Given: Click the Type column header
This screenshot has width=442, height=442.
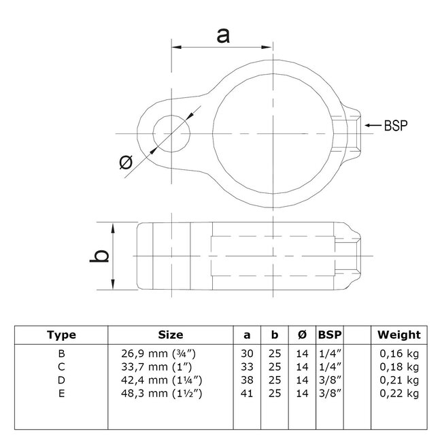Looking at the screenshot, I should (x=61, y=335).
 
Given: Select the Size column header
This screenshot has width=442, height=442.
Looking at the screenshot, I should (x=170, y=335).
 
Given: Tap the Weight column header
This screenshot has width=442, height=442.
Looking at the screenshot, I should (x=399, y=335).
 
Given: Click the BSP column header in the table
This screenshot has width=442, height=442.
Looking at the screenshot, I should (x=330, y=335).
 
